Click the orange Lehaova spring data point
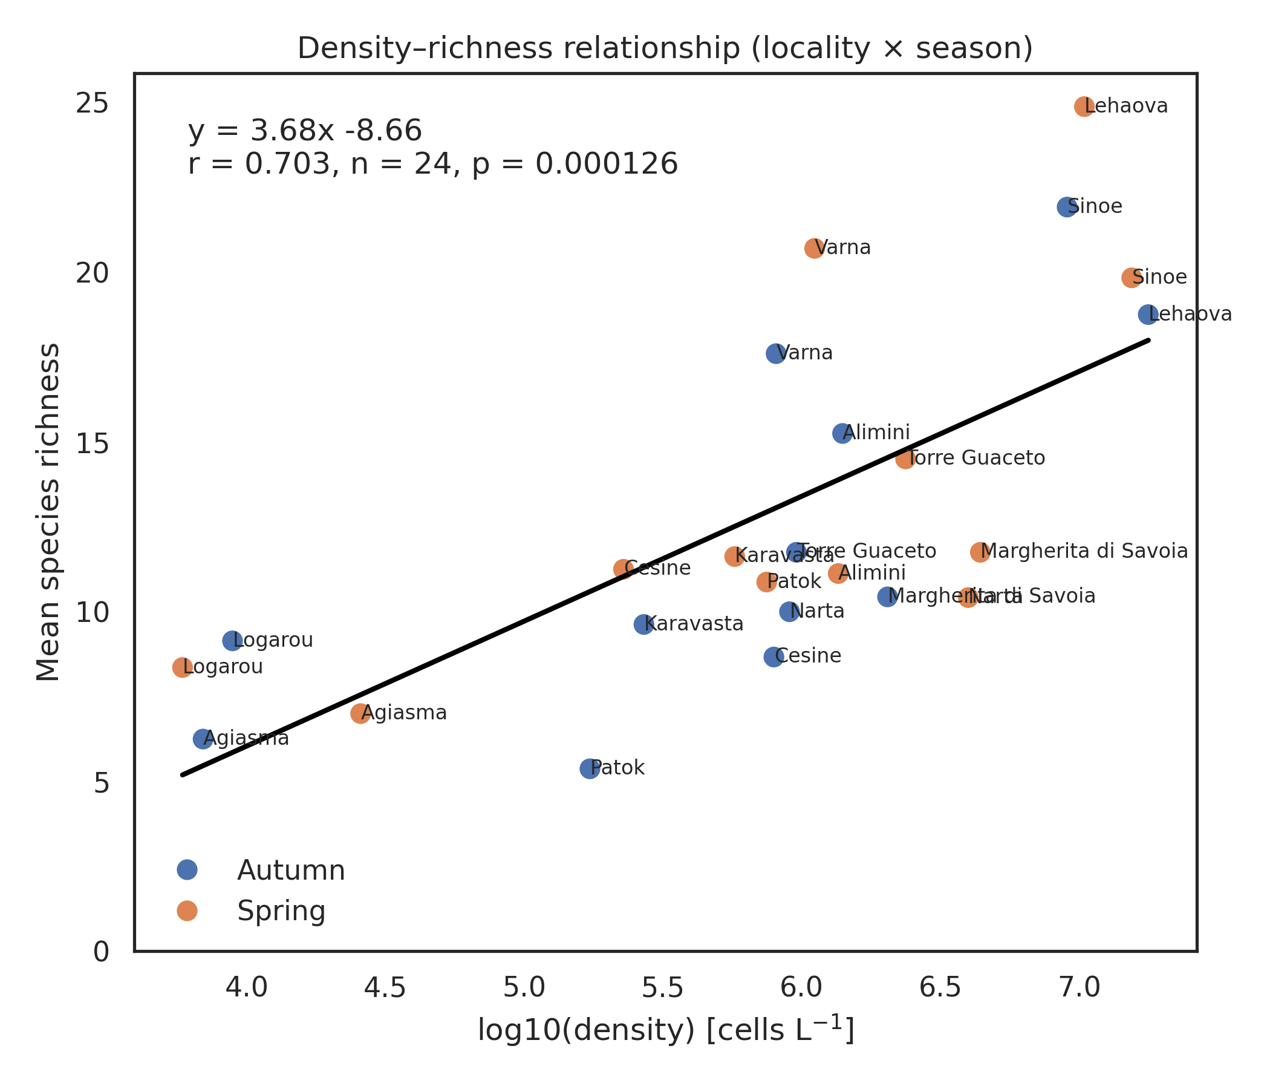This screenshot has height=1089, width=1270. pos(1084,106)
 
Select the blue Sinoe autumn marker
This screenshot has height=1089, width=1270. pos(1067,208)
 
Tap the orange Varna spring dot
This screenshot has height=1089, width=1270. pos(814,248)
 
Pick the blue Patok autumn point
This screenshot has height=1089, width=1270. pos(590,768)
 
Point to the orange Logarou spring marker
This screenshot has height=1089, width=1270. pos(182,667)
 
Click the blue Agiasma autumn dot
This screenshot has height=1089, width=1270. pos(203,739)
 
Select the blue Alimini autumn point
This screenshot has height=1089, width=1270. pos(843,434)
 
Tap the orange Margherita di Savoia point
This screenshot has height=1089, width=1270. pos(980,552)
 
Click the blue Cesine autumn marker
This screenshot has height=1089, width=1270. pos(774,656)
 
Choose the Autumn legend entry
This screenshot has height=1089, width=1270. pos(290,871)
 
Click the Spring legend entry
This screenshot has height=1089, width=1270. pos(281,911)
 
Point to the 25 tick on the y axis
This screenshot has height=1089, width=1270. pos(92,104)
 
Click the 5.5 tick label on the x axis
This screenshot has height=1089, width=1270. pos(663,988)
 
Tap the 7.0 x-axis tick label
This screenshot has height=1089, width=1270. pos(1079,988)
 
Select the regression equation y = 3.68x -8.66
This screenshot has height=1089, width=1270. pos(305,131)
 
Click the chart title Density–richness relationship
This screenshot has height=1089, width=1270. pos(665,48)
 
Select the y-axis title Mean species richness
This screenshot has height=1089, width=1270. pos(48,512)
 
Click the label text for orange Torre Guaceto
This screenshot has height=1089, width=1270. pos(976,458)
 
